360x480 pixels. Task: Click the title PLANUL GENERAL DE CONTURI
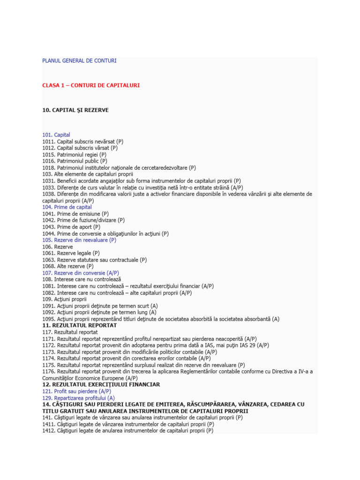click(x=79, y=61)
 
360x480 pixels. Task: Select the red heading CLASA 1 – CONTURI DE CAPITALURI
click(x=91, y=86)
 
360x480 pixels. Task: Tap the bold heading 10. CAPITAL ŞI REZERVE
click(x=75, y=110)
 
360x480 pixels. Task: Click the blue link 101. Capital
click(x=56, y=135)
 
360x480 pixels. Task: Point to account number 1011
click(x=48, y=142)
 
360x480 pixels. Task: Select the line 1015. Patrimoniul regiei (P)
click(x=74, y=155)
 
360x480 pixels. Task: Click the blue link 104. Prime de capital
click(x=67, y=207)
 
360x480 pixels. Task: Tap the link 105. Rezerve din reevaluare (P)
click(x=79, y=240)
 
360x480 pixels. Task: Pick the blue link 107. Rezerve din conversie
click(x=80, y=273)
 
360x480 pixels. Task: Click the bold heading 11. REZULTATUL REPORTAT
click(x=79, y=325)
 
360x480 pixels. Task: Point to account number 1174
click(x=48, y=358)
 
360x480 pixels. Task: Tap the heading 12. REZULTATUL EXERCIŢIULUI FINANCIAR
click(x=101, y=384)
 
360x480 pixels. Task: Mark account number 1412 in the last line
click(x=48, y=430)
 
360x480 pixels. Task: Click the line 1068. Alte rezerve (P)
click(x=67, y=266)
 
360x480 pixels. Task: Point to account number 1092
click(x=48, y=312)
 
